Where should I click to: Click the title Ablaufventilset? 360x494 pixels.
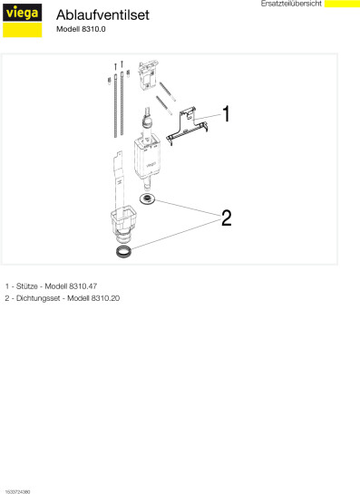pyautogui.click(x=102, y=15)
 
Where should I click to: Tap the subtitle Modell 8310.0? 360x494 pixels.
pyautogui.click(x=81, y=29)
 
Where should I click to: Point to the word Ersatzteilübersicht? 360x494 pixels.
pyautogui.click(x=291, y=4)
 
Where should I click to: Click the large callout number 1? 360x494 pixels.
pyautogui.click(x=227, y=113)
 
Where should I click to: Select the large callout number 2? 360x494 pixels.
pyautogui.click(x=227, y=218)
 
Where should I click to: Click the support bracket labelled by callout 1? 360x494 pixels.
pyautogui.click(x=187, y=126)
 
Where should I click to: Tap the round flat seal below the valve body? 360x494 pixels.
pyautogui.click(x=147, y=199)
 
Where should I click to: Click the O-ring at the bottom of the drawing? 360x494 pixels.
pyautogui.click(x=123, y=251)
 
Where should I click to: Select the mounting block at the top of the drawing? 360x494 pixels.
pyautogui.click(x=147, y=75)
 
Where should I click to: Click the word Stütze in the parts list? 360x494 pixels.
pyautogui.click(x=27, y=286)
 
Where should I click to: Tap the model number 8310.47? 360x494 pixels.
pyautogui.click(x=83, y=286)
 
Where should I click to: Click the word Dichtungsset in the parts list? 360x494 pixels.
pyautogui.click(x=38, y=298)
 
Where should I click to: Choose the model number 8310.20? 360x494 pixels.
pyautogui.click(x=105, y=298)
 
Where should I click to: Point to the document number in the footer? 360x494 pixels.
pyautogui.click(x=17, y=491)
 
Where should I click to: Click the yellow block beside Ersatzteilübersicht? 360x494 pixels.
pyautogui.click(x=342, y=4)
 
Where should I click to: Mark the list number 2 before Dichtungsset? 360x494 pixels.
pyautogui.click(x=7, y=298)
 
